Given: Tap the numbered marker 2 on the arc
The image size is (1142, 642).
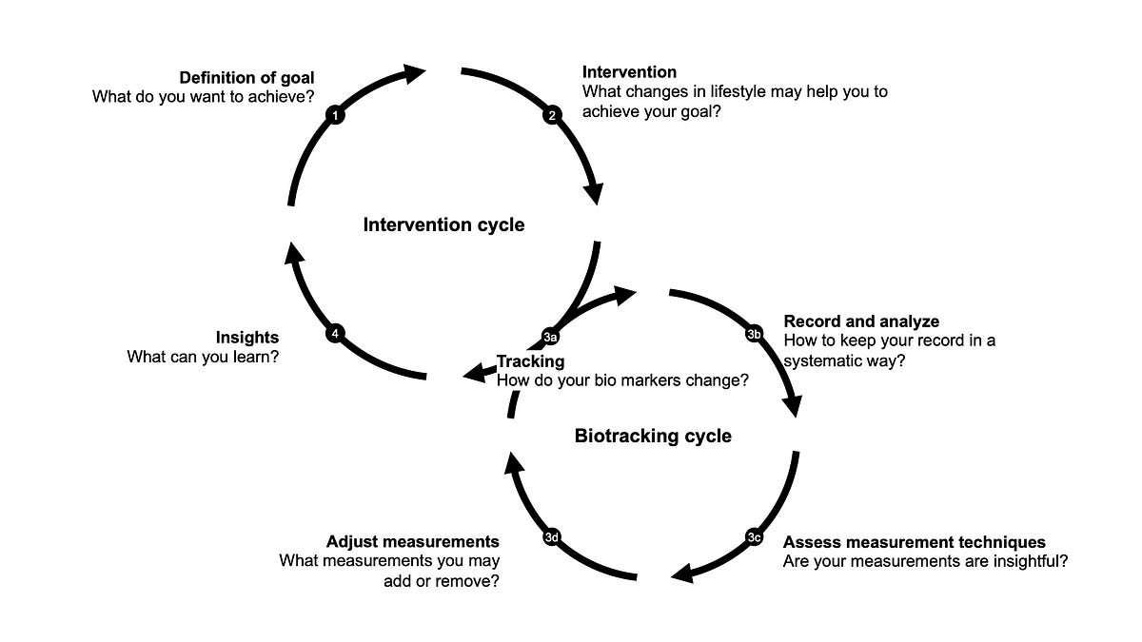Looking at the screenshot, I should point(551,115).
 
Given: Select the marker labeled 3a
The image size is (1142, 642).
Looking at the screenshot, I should point(550,337).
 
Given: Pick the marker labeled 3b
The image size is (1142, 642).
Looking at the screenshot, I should point(754,334).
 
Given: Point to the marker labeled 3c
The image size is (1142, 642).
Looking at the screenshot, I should point(754,537).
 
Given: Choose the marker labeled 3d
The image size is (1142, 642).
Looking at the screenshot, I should point(551,537).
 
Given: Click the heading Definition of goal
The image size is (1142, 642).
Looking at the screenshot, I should point(246,76).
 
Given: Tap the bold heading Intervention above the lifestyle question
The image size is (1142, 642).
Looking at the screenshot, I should point(629,72).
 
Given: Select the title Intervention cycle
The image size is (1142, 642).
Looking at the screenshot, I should point(443,225).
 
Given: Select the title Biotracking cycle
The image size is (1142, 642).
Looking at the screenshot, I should point(653,437).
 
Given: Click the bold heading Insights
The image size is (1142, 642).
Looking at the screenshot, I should point(247,338).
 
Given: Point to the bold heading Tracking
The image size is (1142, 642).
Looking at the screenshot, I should point(531,361).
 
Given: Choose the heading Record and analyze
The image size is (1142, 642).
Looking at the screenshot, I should point(861,321).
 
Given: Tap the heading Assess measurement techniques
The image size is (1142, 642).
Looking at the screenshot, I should point(914,543).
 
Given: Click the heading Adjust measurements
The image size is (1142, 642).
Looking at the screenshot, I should point(412,541).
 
